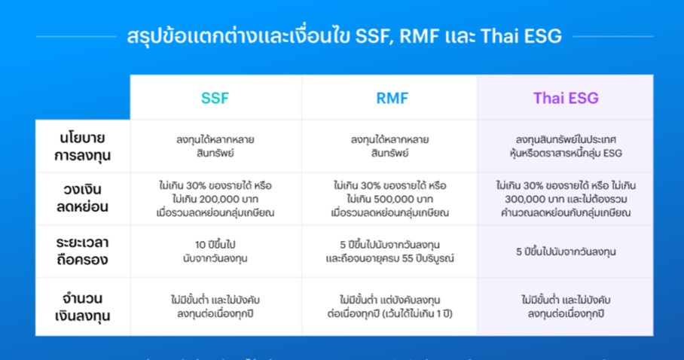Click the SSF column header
pyautogui.click(x=215, y=97)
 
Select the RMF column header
pyautogui.click(x=389, y=97)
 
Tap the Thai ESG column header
pyautogui.click(x=566, y=97)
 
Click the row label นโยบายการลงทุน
pyautogui.click(x=82, y=146)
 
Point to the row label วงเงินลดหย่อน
pyautogui.click(x=82, y=199)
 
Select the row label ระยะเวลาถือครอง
pyautogui.click(x=82, y=251)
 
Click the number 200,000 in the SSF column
pyautogui.click(x=206, y=199)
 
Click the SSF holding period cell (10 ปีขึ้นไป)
pyautogui.click(x=215, y=251)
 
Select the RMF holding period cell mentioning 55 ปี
pyautogui.click(x=389, y=251)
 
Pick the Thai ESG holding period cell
pyautogui.click(x=566, y=252)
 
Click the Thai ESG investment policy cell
pyautogui.click(x=566, y=146)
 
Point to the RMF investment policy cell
pyautogui.click(x=389, y=146)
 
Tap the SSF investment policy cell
pyautogui.click(x=215, y=146)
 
